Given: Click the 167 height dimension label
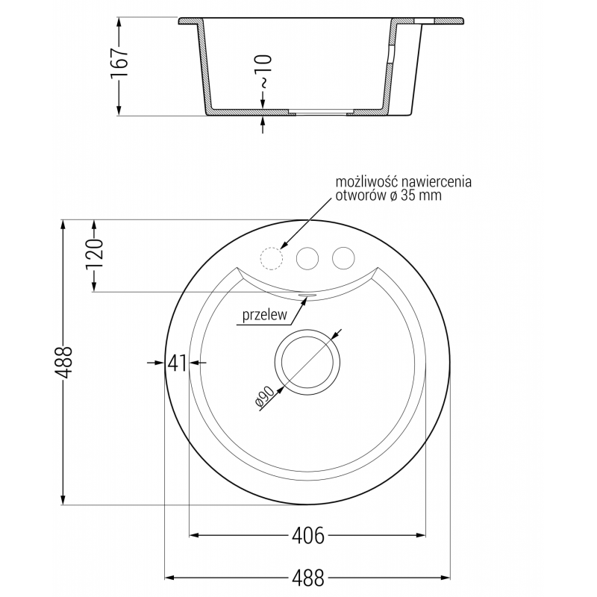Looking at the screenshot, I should (122, 64).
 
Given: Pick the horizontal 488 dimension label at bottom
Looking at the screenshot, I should (307, 578).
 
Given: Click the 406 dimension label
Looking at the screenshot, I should (307, 535).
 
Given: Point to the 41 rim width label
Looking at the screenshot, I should (176, 363).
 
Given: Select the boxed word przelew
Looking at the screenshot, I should (263, 316).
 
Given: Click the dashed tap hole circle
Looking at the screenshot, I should (270, 258).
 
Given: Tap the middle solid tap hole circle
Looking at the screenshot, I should (307, 258).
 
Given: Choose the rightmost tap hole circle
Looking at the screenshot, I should (343, 258).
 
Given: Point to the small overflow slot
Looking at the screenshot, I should (307, 295).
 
